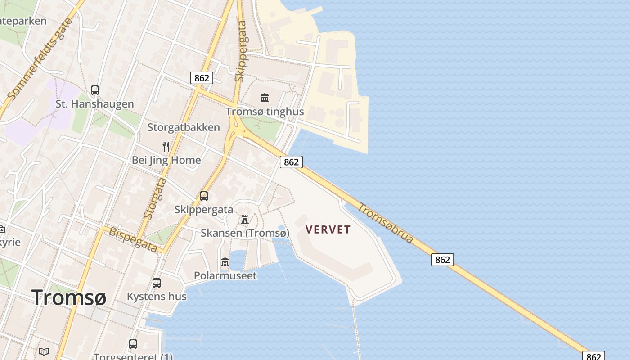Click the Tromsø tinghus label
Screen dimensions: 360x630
(265, 112)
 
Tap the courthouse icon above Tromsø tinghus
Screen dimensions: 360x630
(265, 98)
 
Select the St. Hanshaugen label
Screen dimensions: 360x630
(94, 104)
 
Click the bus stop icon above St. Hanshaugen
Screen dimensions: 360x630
(94, 90)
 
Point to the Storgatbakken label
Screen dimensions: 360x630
(184, 127)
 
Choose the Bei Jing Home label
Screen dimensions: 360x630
(166, 160)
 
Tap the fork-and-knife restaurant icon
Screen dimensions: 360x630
(166, 146)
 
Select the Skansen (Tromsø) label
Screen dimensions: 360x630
(245, 233)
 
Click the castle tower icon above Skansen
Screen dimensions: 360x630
(245, 220)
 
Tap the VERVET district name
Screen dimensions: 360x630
(328, 229)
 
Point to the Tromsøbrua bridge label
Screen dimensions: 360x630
(385, 224)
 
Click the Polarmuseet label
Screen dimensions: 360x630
(225, 275)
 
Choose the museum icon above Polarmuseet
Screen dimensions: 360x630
(225, 262)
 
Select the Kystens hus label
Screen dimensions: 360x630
(156, 297)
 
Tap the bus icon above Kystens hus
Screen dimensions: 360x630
(156, 283)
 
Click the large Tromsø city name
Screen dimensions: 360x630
(69, 297)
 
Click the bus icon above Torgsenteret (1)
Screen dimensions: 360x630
(133, 344)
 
